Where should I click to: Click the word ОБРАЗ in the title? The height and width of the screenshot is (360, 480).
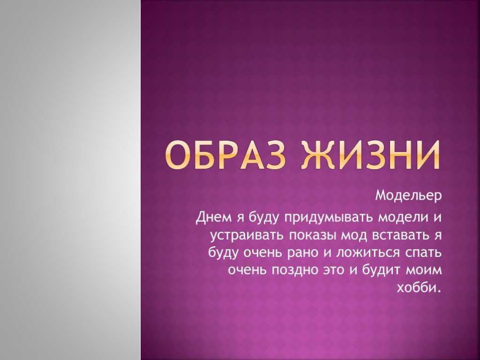(x=225, y=155)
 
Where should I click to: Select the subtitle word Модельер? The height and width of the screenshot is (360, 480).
(x=409, y=195)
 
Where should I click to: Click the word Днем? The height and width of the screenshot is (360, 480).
(x=214, y=217)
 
